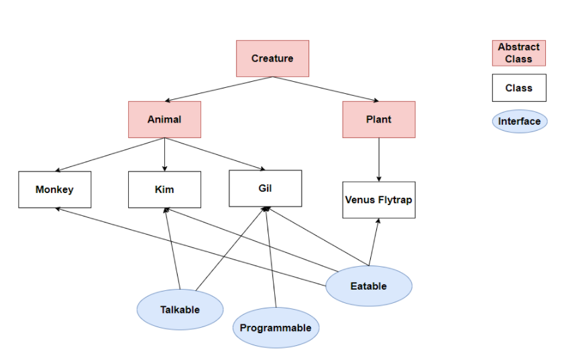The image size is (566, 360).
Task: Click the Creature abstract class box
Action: coord(272,58)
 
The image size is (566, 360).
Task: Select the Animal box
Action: coord(164,120)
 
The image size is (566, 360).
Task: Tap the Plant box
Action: coord(378,120)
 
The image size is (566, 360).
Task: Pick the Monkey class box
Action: coord(54,190)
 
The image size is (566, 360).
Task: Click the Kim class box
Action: coord(164,190)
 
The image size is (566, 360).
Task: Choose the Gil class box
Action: coord(265,188)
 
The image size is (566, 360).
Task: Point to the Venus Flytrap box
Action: coord(378,200)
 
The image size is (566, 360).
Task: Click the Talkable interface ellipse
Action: coord(180,310)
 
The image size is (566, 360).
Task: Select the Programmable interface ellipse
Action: coord(276,328)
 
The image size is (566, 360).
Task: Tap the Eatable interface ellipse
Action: coord(369,286)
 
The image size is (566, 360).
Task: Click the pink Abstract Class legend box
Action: coord(518,53)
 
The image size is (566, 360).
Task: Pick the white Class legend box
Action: coord(518,88)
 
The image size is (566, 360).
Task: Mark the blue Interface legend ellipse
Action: coord(519,121)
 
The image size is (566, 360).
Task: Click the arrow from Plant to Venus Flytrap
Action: coord(379,160)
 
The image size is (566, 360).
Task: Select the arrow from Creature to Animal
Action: coord(218,89)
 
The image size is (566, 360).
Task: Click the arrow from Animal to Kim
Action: coord(164,154)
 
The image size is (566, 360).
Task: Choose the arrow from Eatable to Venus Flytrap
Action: coord(374,241)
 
